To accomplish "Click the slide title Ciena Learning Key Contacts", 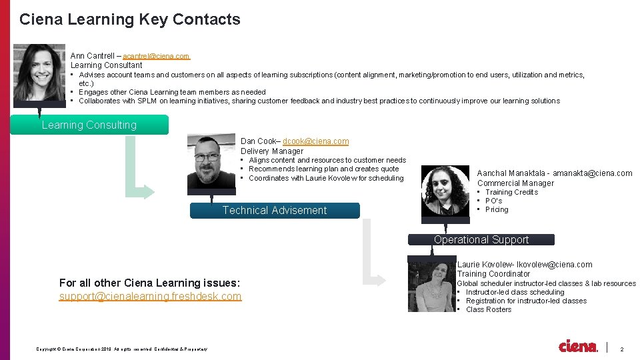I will click(130, 19).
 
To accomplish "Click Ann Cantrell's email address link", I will click(156, 56).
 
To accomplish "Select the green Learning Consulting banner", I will click(89, 125).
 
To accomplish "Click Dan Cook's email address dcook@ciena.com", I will click(315, 141).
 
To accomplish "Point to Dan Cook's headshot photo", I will click(211, 161).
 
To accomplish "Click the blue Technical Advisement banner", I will click(275, 211).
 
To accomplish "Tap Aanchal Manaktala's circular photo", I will click(446, 190).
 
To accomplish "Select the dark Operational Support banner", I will click(481, 239).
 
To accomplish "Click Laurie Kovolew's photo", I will click(432, 286).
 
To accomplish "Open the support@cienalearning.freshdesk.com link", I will click(150, 296).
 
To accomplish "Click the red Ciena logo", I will click(578, 347).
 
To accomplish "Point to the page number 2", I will click(622, 349).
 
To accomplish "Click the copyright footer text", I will click(122, 349).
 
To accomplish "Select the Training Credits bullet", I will click(511, 192).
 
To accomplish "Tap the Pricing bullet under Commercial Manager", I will click(497, 209).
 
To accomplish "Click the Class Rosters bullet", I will click(489, 309).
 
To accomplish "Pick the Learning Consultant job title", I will click(107, 65).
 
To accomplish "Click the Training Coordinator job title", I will click(493, 274).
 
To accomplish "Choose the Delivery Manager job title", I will click(271, 151).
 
